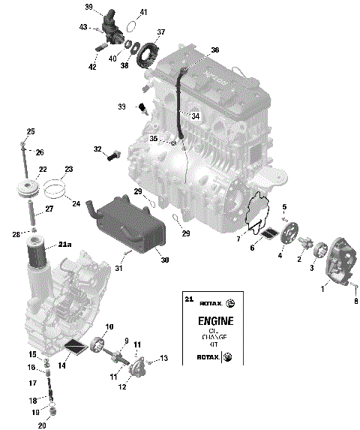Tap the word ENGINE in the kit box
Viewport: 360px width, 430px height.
click(x=216, y=321)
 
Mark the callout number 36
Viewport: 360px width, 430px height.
click(x=215, y=50)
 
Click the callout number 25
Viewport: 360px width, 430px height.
click(x=31, y=132)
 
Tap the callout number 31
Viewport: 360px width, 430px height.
click(x=119, y=268)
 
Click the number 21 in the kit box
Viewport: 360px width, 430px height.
click(x=188, y=299)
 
